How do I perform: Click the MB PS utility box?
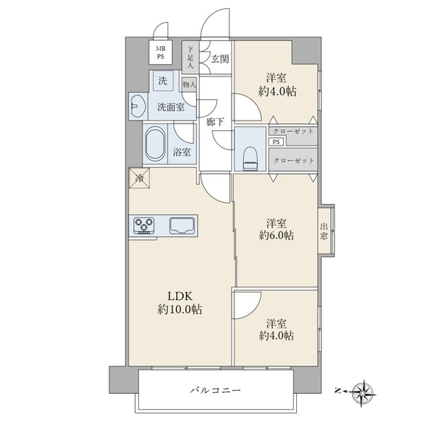pos(160,53)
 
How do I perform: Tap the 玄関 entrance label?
pos(220,59)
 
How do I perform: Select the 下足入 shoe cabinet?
pos(190,57)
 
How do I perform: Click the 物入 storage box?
pos(190,85)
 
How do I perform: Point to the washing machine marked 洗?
pos(162,81)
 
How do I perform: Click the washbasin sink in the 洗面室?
pos(138,107)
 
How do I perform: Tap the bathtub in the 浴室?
pos(155,144)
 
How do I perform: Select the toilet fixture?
pos(251,159)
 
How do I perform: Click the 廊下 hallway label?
pos(215,122)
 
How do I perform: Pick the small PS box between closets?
pos(276,142)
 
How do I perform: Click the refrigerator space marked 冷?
pos(139,178)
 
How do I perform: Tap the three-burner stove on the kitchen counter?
pos(144,225)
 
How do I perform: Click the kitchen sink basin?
pos(182,226)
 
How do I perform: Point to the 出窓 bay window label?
pos(323,231)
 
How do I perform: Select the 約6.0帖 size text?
pos(276,235)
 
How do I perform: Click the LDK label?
pos(180,296)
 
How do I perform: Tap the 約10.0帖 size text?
pos(180,309)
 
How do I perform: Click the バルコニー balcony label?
pos(215,390)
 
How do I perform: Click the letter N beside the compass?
pos(338,390)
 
